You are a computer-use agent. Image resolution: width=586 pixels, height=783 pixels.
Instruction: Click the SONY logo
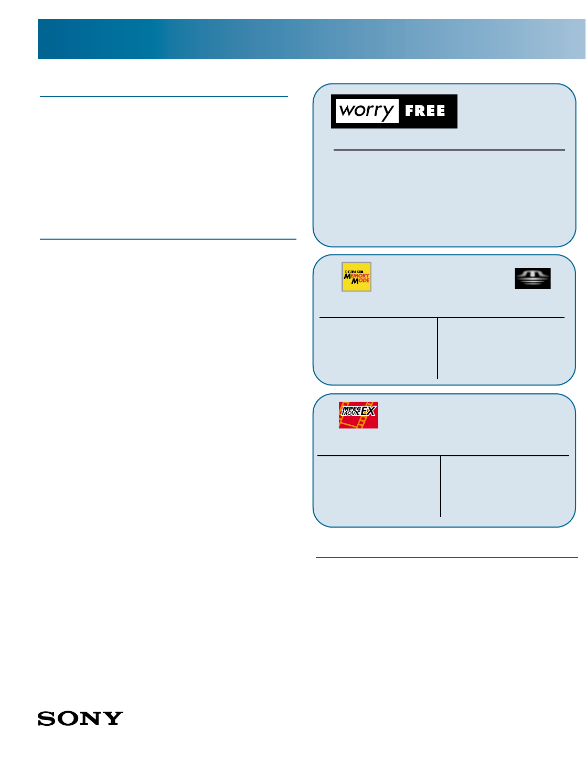pyautogui.click(x=80, y=718)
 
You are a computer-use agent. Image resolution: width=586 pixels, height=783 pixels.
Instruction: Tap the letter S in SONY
pyautogui.click(x=46, y=718)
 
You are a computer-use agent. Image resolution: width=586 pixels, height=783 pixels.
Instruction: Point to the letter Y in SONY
pyautogui.click(x=114, y=718)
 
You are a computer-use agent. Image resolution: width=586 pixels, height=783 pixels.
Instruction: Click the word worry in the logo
pyautogui.click(x=366, y=111)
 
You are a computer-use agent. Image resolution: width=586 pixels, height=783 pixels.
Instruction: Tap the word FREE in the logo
pyautogui.click(x=425, y=111)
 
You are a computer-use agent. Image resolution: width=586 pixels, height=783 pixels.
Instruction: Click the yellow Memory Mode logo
pyautogui.click(x=356, y=276)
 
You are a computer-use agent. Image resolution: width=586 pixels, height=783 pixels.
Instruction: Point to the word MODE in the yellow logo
pyautogui.click(x=361, y=281)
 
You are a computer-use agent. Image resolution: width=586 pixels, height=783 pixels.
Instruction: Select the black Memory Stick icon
pyautogui.click(x=532, y=278)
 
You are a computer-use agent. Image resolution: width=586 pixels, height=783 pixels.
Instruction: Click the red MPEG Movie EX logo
pyautogui.click(x=358, y=415)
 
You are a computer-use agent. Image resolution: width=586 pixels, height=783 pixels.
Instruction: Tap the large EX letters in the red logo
pyautogui.click(x=368, y=411)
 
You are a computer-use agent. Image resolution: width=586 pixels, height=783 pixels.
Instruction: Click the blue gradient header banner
pyautogui.click(x=312, y=39)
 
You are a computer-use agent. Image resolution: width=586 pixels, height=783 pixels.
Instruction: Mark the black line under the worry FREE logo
pyautogui.click(x=449, y=150)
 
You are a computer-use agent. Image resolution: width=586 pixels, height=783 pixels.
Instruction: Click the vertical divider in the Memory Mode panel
pyautogui.click(x=438, y=348)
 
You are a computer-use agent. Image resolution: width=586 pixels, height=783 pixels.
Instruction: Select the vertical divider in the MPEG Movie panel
pyautogui.click(x=441, y=486)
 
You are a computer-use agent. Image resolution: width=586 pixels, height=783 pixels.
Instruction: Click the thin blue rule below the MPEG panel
pyautogui.click(x=446, y=557)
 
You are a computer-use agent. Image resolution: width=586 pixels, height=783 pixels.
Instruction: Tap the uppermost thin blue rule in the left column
pyautogui.click(x=164, y=96)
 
